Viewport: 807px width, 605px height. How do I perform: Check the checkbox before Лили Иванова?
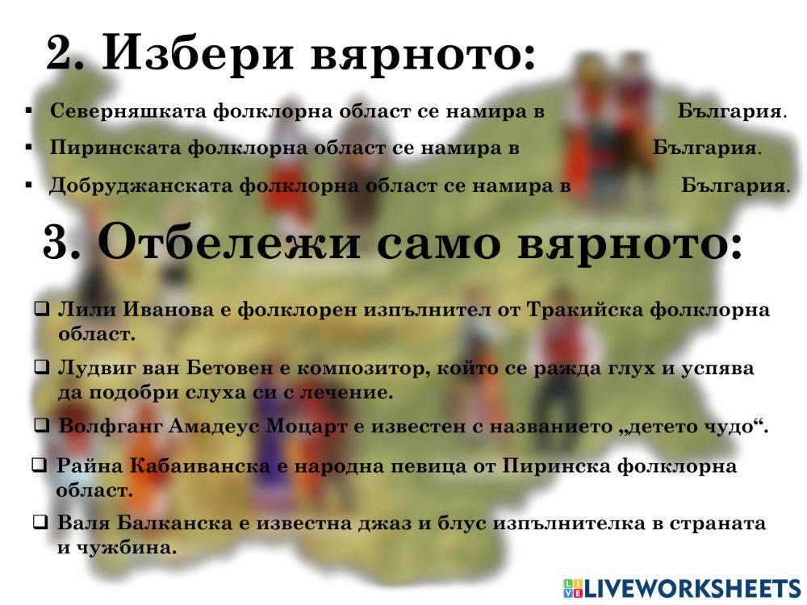click(x=41, y=309)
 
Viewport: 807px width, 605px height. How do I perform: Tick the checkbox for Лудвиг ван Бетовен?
click(x=41, y=367)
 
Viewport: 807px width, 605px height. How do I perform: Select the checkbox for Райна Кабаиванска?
click(x=39, y=465)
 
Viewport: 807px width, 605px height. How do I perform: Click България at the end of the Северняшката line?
click(x=730, y=111)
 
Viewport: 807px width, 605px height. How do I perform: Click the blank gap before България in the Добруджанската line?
click(x=625, y=186)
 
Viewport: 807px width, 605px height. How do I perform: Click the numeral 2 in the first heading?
click(x=61, y=54)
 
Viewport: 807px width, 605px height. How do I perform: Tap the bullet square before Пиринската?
click(x=29, y=148)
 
